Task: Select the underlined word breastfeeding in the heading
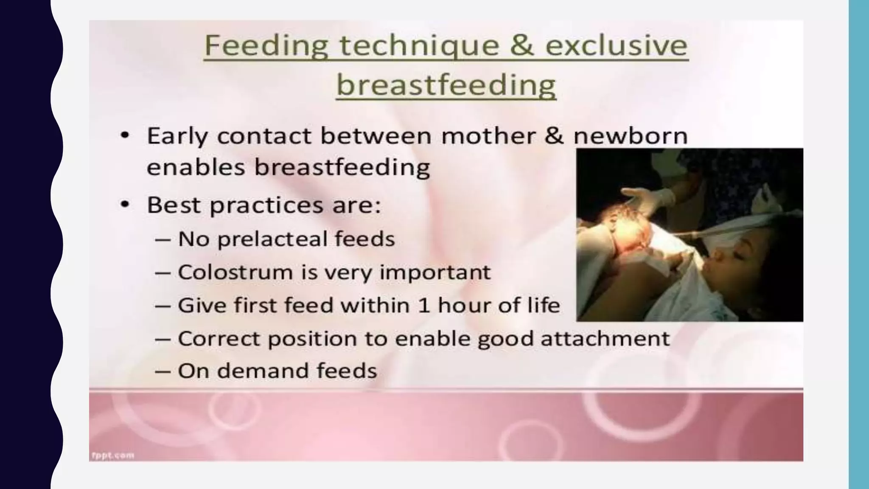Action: click(446, 85)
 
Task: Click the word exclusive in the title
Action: click(617, 45)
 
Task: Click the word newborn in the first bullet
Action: click(630, 136)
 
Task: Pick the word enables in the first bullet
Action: click(196, 167)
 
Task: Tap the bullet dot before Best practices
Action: click(124, 205)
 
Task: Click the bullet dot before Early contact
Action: click(124, 136)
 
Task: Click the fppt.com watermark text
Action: click(112, 455)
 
